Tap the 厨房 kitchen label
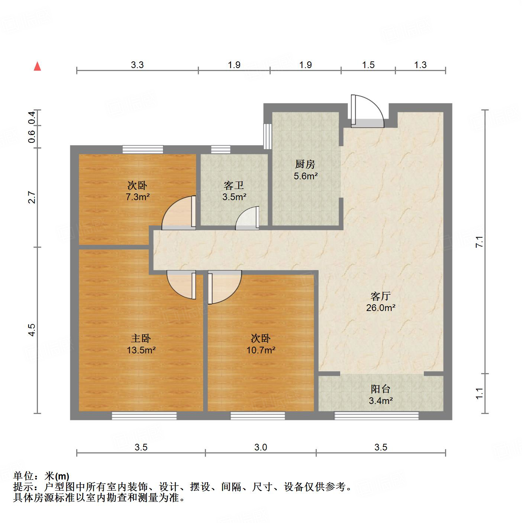pos(305,164)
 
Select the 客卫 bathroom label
pos(234,185)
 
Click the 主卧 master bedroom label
pos(141,338)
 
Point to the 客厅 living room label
pos(380,296)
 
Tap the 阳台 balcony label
pos(380,389)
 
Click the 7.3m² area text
pos(138,197)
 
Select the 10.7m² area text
pos(261,350)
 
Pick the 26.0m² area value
pos(380,308)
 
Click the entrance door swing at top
pos(367,111)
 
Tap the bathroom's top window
pos(221,150)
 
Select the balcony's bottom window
pos(376,415)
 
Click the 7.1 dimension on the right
pos(480,242)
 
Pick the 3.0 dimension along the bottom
pos(261,447)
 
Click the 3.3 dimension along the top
pos(137,65)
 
